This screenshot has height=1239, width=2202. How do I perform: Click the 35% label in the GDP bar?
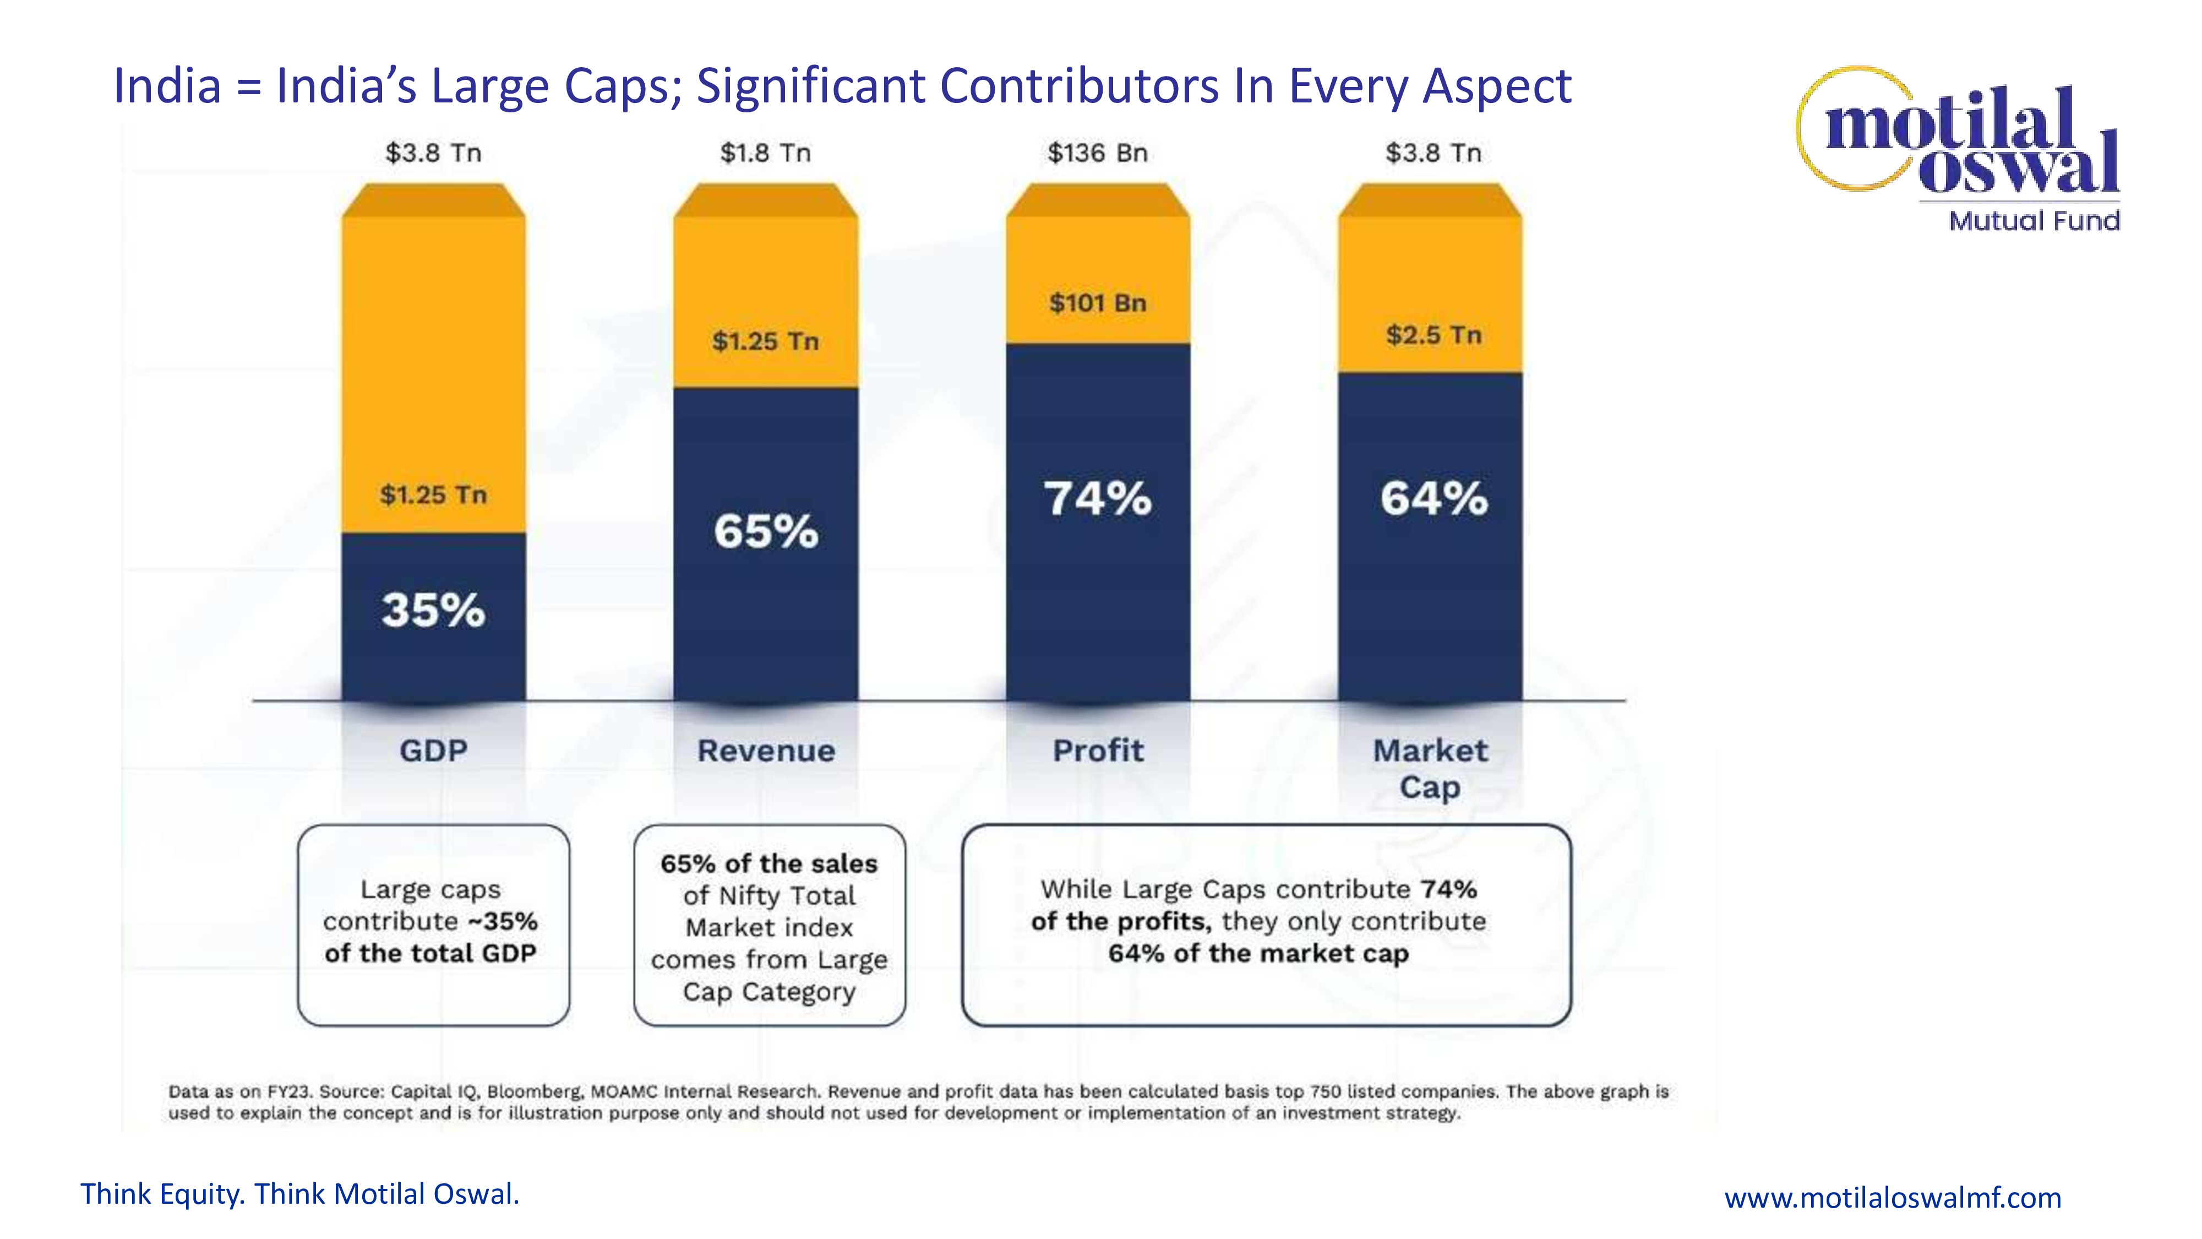pos(433,611)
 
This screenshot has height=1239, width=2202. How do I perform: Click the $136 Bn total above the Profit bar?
pos(1098,153)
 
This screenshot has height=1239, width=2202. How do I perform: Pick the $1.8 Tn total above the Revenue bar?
pos(765,153)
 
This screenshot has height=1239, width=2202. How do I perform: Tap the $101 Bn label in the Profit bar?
pos(1098,303)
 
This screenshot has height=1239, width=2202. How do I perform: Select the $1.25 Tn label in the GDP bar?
pos(433,494)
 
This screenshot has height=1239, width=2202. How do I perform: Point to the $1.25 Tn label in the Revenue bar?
pos(765,341)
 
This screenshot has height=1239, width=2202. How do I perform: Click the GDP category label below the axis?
pos(433,751)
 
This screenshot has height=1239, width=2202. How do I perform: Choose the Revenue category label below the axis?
pos(766,751)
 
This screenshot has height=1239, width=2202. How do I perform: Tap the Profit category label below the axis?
pos(1098,751)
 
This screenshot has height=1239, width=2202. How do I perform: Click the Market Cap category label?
pos(1430,768)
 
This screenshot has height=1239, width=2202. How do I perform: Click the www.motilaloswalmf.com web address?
pos(1893,1197)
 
